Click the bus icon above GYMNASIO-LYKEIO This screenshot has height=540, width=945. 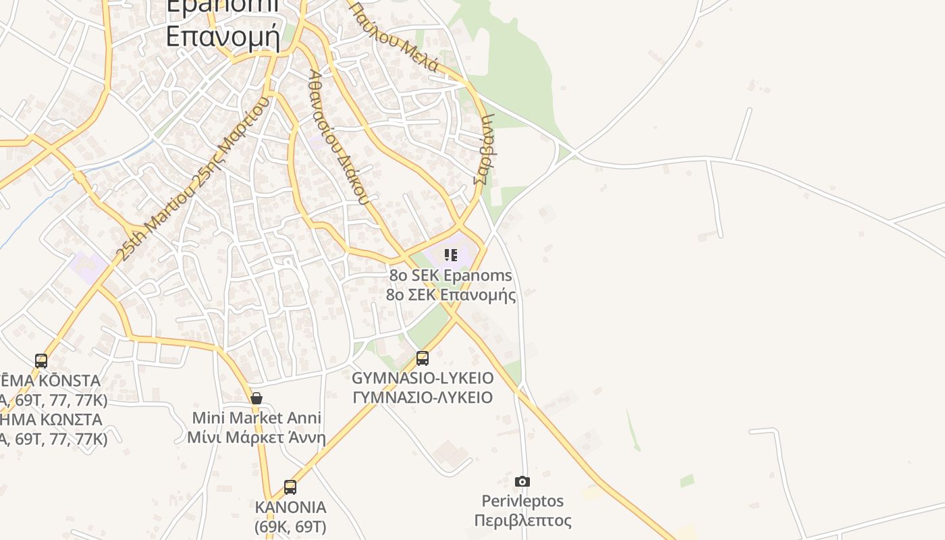tap(423, 358)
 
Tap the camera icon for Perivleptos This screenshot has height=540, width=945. tap(522, 481)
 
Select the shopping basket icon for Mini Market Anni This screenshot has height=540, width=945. tap(256, 398)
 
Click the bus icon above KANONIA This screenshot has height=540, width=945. tap(290, 487)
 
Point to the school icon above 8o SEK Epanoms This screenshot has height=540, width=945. tap(451, 255)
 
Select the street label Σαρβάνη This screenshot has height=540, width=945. tap(485, 149)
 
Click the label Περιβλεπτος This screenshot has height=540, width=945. tap(522, 520)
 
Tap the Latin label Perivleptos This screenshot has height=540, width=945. tap(522, 501)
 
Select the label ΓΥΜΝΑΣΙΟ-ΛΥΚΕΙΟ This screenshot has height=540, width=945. tap(423, 397)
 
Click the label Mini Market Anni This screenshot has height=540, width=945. tap(256, 418)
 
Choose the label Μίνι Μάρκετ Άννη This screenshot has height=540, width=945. tap(256, 437)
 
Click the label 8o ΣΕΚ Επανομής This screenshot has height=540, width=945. tap(451, 295)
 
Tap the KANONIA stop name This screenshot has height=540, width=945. tap(290, 507)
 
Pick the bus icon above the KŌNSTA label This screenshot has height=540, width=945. tap(41, 361)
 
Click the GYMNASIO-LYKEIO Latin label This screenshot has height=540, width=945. tap(423, 378)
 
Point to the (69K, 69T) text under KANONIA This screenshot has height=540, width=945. tap(290, 526)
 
